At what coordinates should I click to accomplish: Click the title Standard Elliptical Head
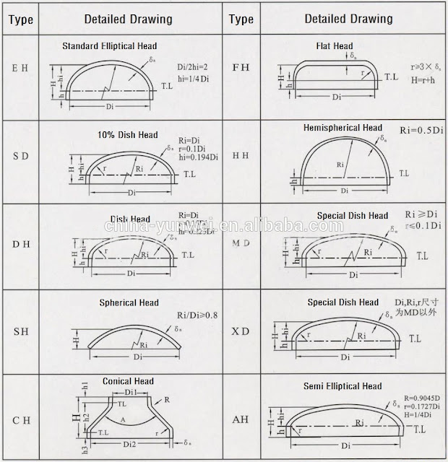110,46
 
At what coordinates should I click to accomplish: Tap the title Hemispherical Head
343,128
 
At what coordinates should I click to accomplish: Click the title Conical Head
129,381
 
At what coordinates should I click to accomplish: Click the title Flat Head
334,46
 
